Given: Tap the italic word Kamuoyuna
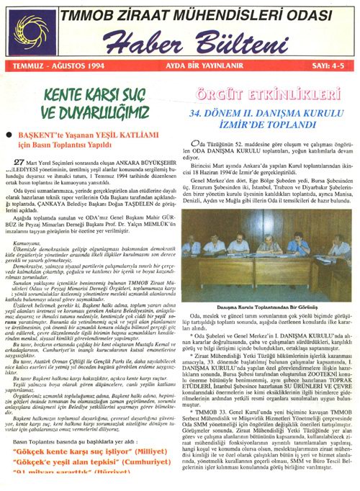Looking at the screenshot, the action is (x=37, y=245).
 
